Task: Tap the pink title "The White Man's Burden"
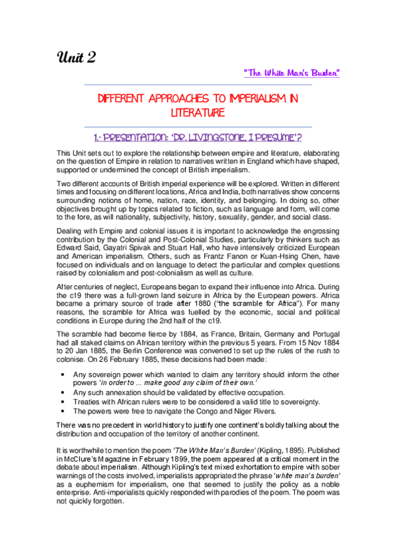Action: [x=292, y=71]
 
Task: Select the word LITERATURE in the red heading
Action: [x=198, y=114]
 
